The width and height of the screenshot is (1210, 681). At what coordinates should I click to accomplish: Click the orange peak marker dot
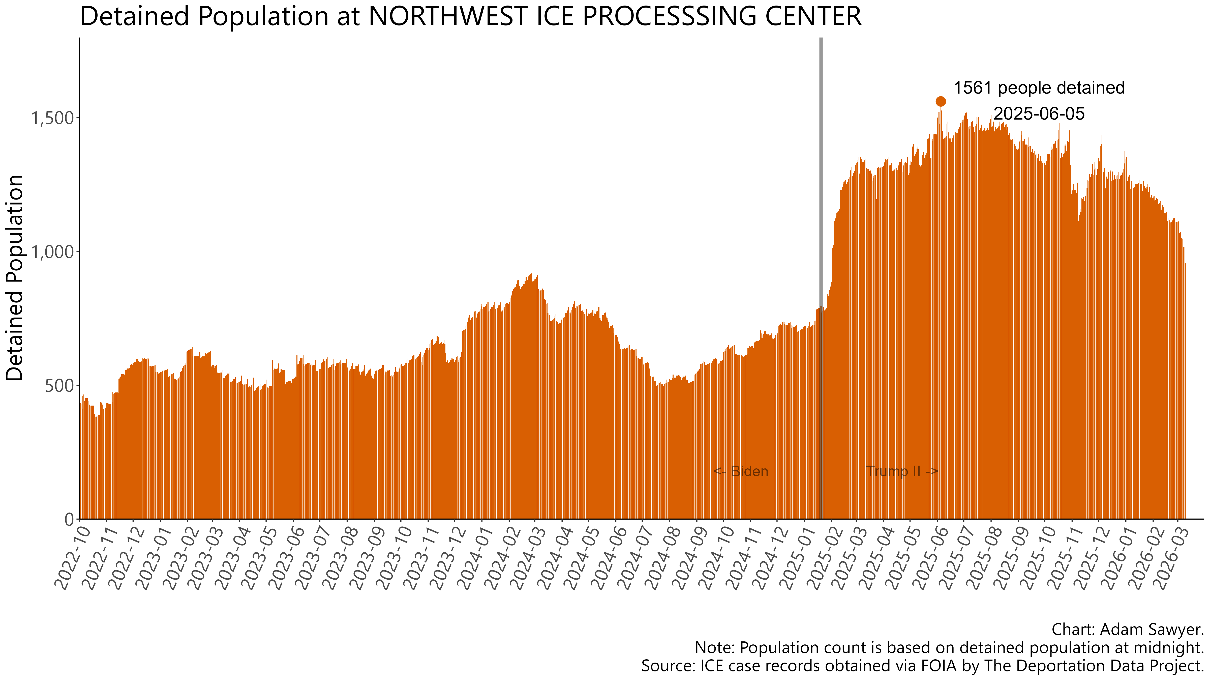[x=940, y=101]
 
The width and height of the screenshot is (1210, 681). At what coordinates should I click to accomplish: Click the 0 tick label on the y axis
[x=69, y=519]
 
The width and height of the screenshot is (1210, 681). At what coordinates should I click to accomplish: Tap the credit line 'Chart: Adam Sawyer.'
[x=1127, y=629]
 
